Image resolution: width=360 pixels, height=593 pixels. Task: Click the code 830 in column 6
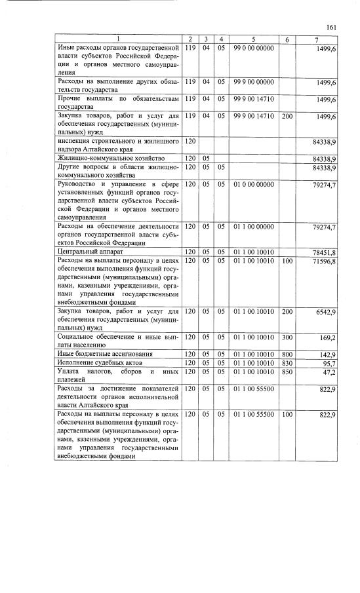tap(287, 363)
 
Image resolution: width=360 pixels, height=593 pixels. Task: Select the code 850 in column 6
tap(287, 372)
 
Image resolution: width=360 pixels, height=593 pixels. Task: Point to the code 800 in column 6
tap(287, 354)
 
